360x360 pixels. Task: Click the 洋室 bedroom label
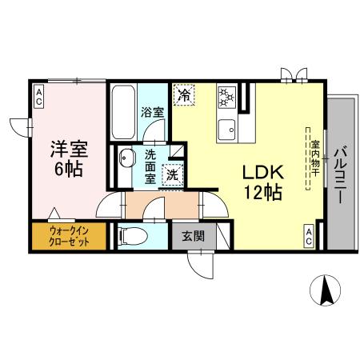click(70, 150)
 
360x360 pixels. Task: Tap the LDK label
click(263, 173)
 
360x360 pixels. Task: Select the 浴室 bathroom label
click(152, 113)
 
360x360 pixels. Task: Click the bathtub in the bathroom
click(123, 112)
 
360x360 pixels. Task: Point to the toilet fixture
click(134, 236)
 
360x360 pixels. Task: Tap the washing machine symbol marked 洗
click(173, 175)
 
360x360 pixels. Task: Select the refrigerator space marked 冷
click(184, 95)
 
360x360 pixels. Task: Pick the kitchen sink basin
click(227, 130)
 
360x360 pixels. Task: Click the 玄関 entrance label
click(194, 236)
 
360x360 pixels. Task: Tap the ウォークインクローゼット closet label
click(69, 236)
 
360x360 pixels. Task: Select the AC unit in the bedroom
click(39, 97)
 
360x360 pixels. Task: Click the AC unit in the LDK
click(309, 237)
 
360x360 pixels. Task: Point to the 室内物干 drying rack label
click(315, 158)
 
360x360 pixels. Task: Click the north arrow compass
click(326, 290)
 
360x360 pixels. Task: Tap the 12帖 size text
click(263, 192)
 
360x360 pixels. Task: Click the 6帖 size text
click(68, 169)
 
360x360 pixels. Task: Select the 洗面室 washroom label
click(150, 167)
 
